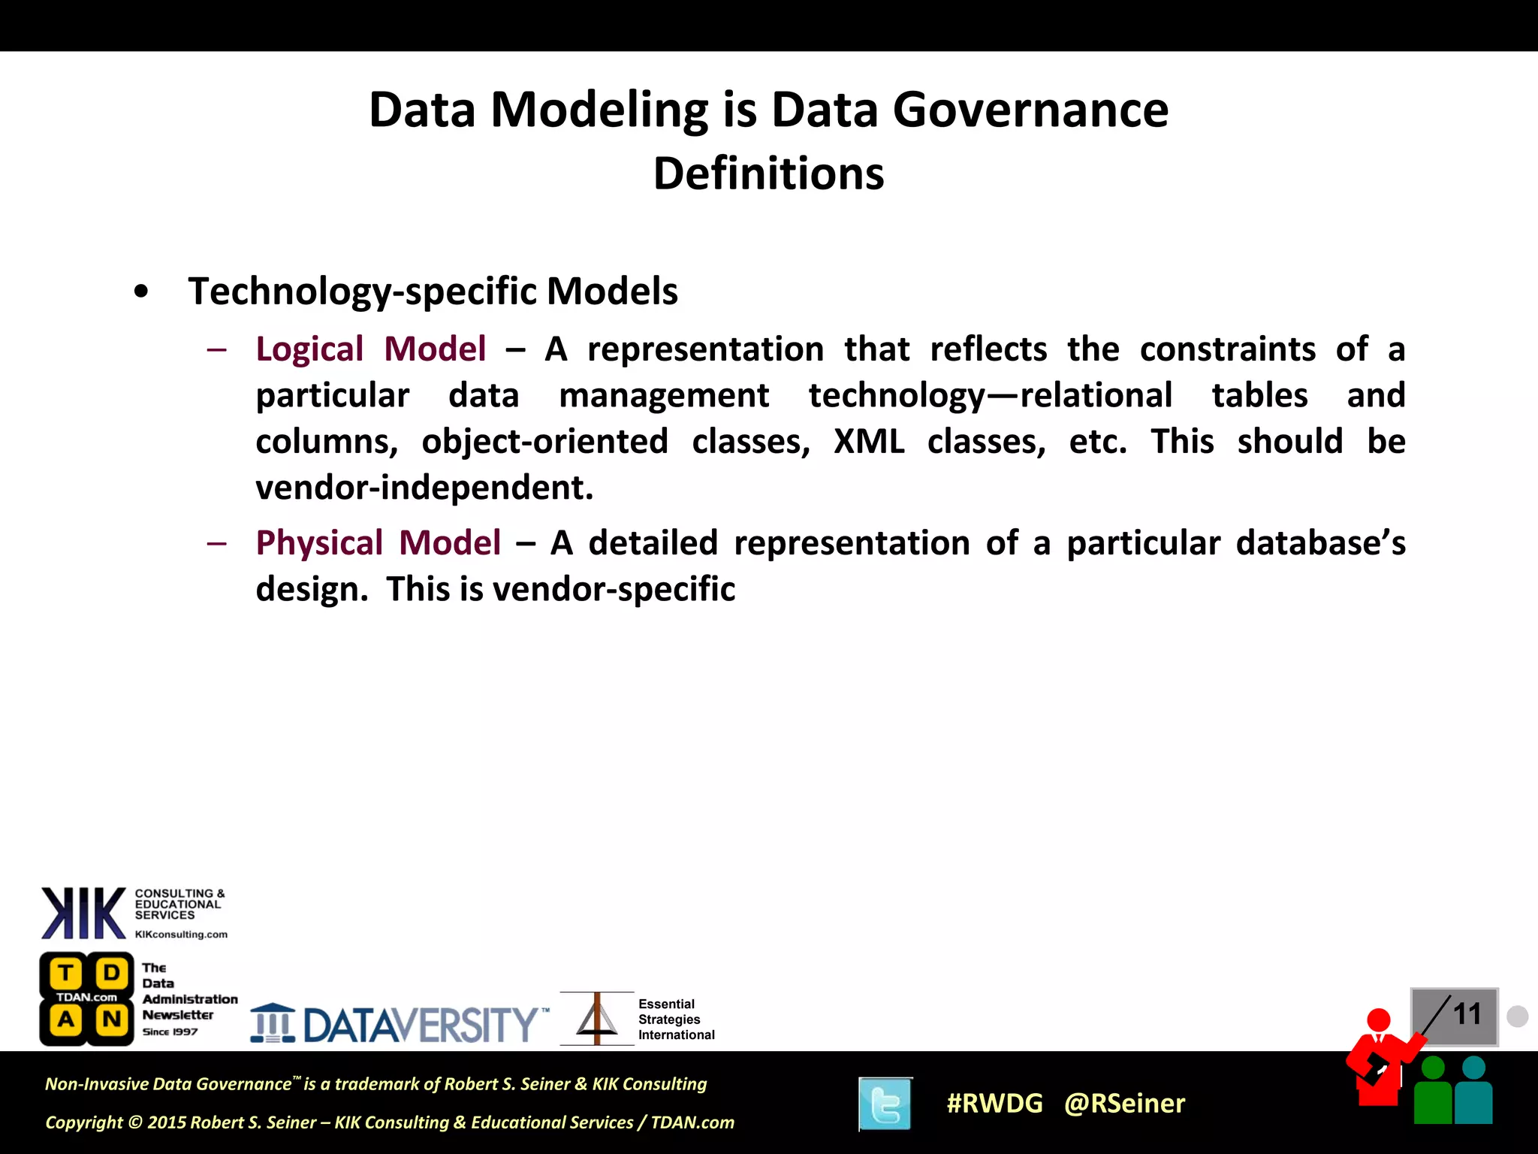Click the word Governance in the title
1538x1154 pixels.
pos(1030,110)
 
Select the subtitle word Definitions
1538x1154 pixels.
pos(768,174)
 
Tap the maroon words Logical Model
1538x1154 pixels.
pos(371,349)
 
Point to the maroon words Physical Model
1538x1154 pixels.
pos(378,543)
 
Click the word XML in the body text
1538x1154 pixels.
pos(869,442)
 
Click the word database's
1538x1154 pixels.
pos(1320,543)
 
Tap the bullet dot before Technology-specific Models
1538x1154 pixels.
pos(140,293)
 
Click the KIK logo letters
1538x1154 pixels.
pos(83,913)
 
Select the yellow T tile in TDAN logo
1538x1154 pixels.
pos(66,974)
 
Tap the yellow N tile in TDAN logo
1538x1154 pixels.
pos(112,1020)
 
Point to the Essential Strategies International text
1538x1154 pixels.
pos(676,1020)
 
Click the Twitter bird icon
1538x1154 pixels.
pos(885,1104)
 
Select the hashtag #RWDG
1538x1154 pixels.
pos(994,1104)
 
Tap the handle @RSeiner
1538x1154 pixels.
pos(1124,1104)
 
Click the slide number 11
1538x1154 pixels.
pos(1466,1014)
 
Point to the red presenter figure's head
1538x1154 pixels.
pos(1378,1020)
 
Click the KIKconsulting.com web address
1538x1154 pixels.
pos(181,935)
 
